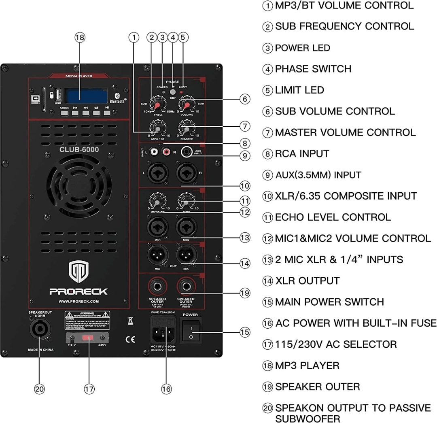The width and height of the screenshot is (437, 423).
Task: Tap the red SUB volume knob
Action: (186, 105)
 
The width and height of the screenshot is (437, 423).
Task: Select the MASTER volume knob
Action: (186, 129)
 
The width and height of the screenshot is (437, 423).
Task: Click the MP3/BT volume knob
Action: (157, 129)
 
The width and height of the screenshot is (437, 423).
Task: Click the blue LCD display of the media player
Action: (87, 95)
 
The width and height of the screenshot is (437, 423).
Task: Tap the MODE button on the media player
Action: (65, 113)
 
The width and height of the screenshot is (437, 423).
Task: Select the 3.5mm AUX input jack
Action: (187, 152)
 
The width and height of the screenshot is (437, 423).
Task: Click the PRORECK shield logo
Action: (78, 272)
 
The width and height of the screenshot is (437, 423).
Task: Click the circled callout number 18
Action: (80, 37)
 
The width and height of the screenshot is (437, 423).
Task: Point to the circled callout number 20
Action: (39, 389)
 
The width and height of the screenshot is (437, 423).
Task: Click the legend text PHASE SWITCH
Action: (313, 69)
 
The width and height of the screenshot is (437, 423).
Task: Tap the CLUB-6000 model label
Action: (79, 149)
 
